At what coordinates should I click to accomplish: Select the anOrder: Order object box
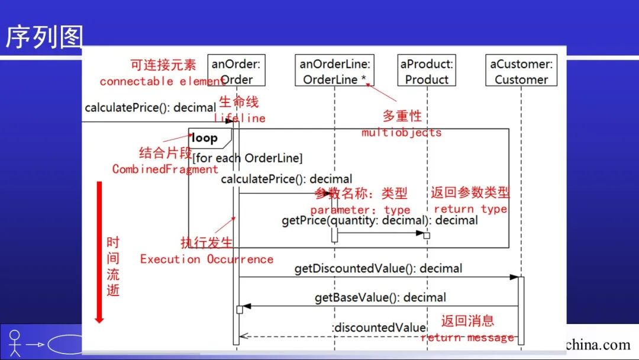tap(236, 71)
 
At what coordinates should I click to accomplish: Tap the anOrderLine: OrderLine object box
tap(334, 71)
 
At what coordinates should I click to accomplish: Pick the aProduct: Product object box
tap(426, 71)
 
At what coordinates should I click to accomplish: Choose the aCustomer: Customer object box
tap(521, 71)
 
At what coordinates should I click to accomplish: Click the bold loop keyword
tap(204, 138)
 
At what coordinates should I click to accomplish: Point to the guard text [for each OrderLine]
tap(247, 158)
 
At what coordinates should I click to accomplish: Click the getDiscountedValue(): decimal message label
tap(378, 269)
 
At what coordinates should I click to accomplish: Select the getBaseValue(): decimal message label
tap(380, 297)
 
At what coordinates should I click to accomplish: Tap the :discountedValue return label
tap(379, 327)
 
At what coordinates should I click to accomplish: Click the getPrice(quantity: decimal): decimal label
tap(379, 220)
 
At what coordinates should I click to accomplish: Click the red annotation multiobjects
tap(402, 132)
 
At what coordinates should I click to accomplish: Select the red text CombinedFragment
tap(165, 169)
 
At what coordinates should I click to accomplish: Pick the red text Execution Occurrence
tap(206, 259)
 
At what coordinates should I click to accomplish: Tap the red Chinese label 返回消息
tap(467, 321)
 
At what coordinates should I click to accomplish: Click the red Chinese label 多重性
tap(402, 116)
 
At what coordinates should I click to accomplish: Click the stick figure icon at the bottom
tap(15, 343)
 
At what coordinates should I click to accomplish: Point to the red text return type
tap(470, 209)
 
